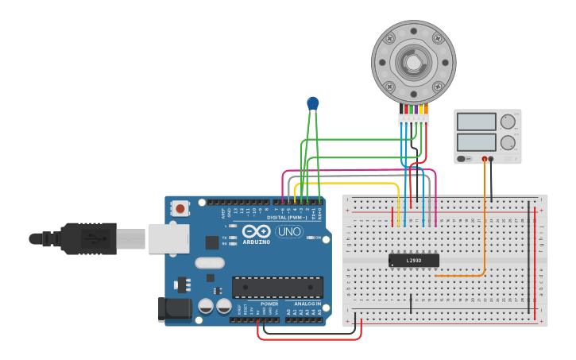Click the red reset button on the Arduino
[x=181, y=209]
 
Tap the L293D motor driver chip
[x=413, y=260]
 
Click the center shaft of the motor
[x=413, y=61]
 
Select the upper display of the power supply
[x=477, y=122]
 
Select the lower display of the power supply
[x=477, y=143]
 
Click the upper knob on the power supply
[x=508, y=122]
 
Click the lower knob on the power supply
[x=508, y=144]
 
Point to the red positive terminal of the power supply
[x=484, y=159]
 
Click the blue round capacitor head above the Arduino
[x=313, y=103]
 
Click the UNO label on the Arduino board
[x=289, y=231]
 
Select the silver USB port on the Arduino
[x=168, y=238]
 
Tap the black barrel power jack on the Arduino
[x=176, y=309]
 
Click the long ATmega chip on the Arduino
[x=277, y=287]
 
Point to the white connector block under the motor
[x=413, y=119]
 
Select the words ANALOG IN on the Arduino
[x=307, y=304]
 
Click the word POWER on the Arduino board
[x=269, y=304]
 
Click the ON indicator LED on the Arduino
[x=310, y=238]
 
